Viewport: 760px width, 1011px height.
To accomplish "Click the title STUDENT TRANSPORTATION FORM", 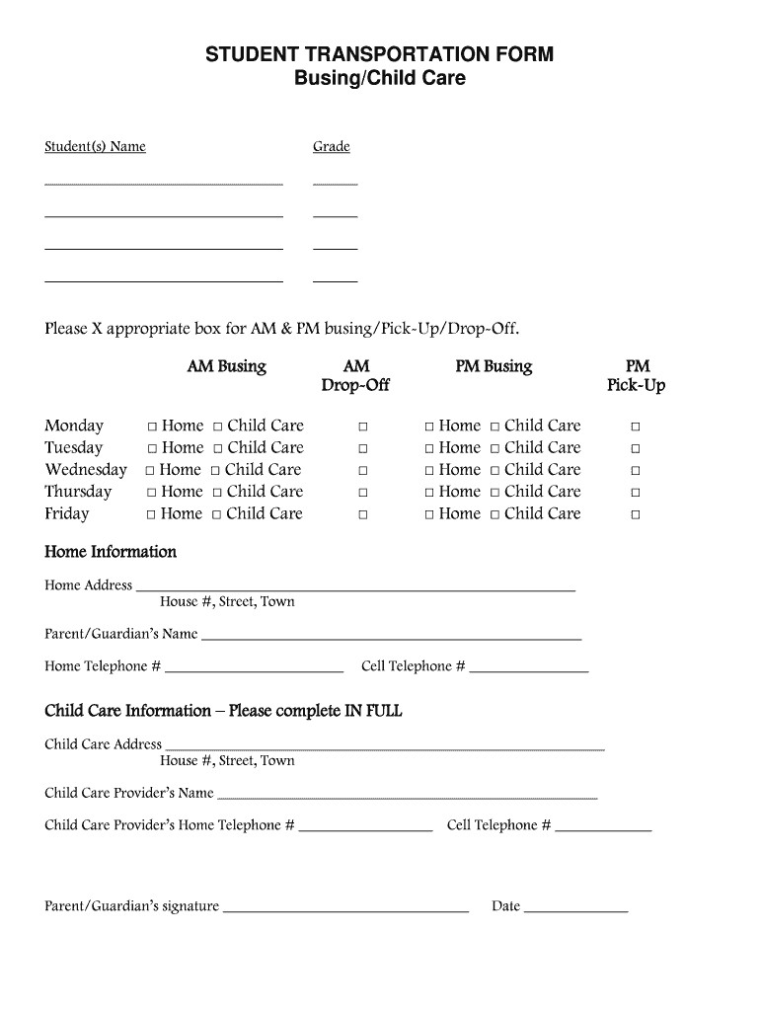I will click(x=379, y=54).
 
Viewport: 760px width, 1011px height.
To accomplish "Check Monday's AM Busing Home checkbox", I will click(x=153, y=427).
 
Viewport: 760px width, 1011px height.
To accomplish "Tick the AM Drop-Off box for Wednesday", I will click(x=363, y=471).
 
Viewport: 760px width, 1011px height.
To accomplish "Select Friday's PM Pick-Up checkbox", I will click(x=636, y=514).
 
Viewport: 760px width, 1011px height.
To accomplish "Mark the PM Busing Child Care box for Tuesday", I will click(x=495, y=448).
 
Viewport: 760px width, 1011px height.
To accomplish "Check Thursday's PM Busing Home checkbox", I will click(x=429, y=493).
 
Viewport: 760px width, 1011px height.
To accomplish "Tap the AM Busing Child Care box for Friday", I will click(x=217, y=514).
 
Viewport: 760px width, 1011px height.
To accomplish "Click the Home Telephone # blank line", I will click(x=254, y=669).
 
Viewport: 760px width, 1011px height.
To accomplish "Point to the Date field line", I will click(x=575, y=909).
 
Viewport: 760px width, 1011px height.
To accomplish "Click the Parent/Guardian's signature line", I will click(x=345, y=909).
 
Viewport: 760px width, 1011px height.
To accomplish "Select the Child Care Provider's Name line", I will click(x=407, y=796).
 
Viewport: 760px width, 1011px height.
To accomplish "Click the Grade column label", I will click(x=332, y=147).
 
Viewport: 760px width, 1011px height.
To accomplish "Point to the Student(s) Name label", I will click(x=95, y=147).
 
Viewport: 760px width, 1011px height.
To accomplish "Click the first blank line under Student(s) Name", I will click(x=164, y=184).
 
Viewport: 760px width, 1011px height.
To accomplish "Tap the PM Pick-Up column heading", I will click(x=637, y=375).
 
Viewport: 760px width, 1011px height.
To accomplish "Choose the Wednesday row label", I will click(x=86, y=470).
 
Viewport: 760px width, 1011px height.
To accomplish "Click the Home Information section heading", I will click(x=111, y=552).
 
